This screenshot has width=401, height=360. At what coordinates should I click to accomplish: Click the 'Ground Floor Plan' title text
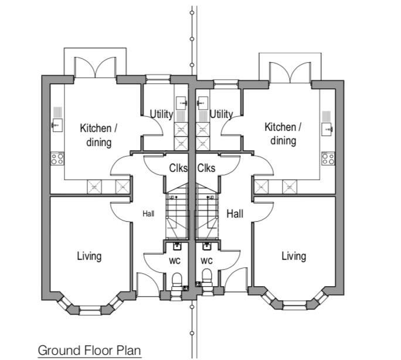coord(90,350)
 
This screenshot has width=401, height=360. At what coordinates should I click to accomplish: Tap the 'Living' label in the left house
coord(89,256)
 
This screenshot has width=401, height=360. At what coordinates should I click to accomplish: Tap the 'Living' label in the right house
coord(293,256)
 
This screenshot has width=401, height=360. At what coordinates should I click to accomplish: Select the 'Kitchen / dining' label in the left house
coord(99,134)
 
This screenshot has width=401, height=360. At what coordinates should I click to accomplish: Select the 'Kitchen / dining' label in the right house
coord(283,134)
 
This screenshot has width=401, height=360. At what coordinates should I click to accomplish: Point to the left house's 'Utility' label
coord(161,114)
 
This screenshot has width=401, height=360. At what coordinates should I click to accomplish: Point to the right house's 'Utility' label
coord(221,114)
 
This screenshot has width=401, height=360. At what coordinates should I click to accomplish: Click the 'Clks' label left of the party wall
coord(178,168)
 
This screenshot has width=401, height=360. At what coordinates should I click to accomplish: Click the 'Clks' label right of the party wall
coord(206,168)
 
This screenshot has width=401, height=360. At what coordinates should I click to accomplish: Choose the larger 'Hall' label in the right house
coord(235,214)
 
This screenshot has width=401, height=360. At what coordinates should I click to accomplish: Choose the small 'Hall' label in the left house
coord(148,214)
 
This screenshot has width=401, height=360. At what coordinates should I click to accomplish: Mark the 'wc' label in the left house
coord(174,260)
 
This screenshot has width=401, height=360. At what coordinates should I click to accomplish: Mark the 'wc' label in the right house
coord(206,260)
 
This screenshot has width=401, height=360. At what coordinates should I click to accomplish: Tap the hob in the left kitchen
coord(57,158)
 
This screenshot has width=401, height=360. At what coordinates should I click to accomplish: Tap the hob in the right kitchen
coord(328,158)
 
